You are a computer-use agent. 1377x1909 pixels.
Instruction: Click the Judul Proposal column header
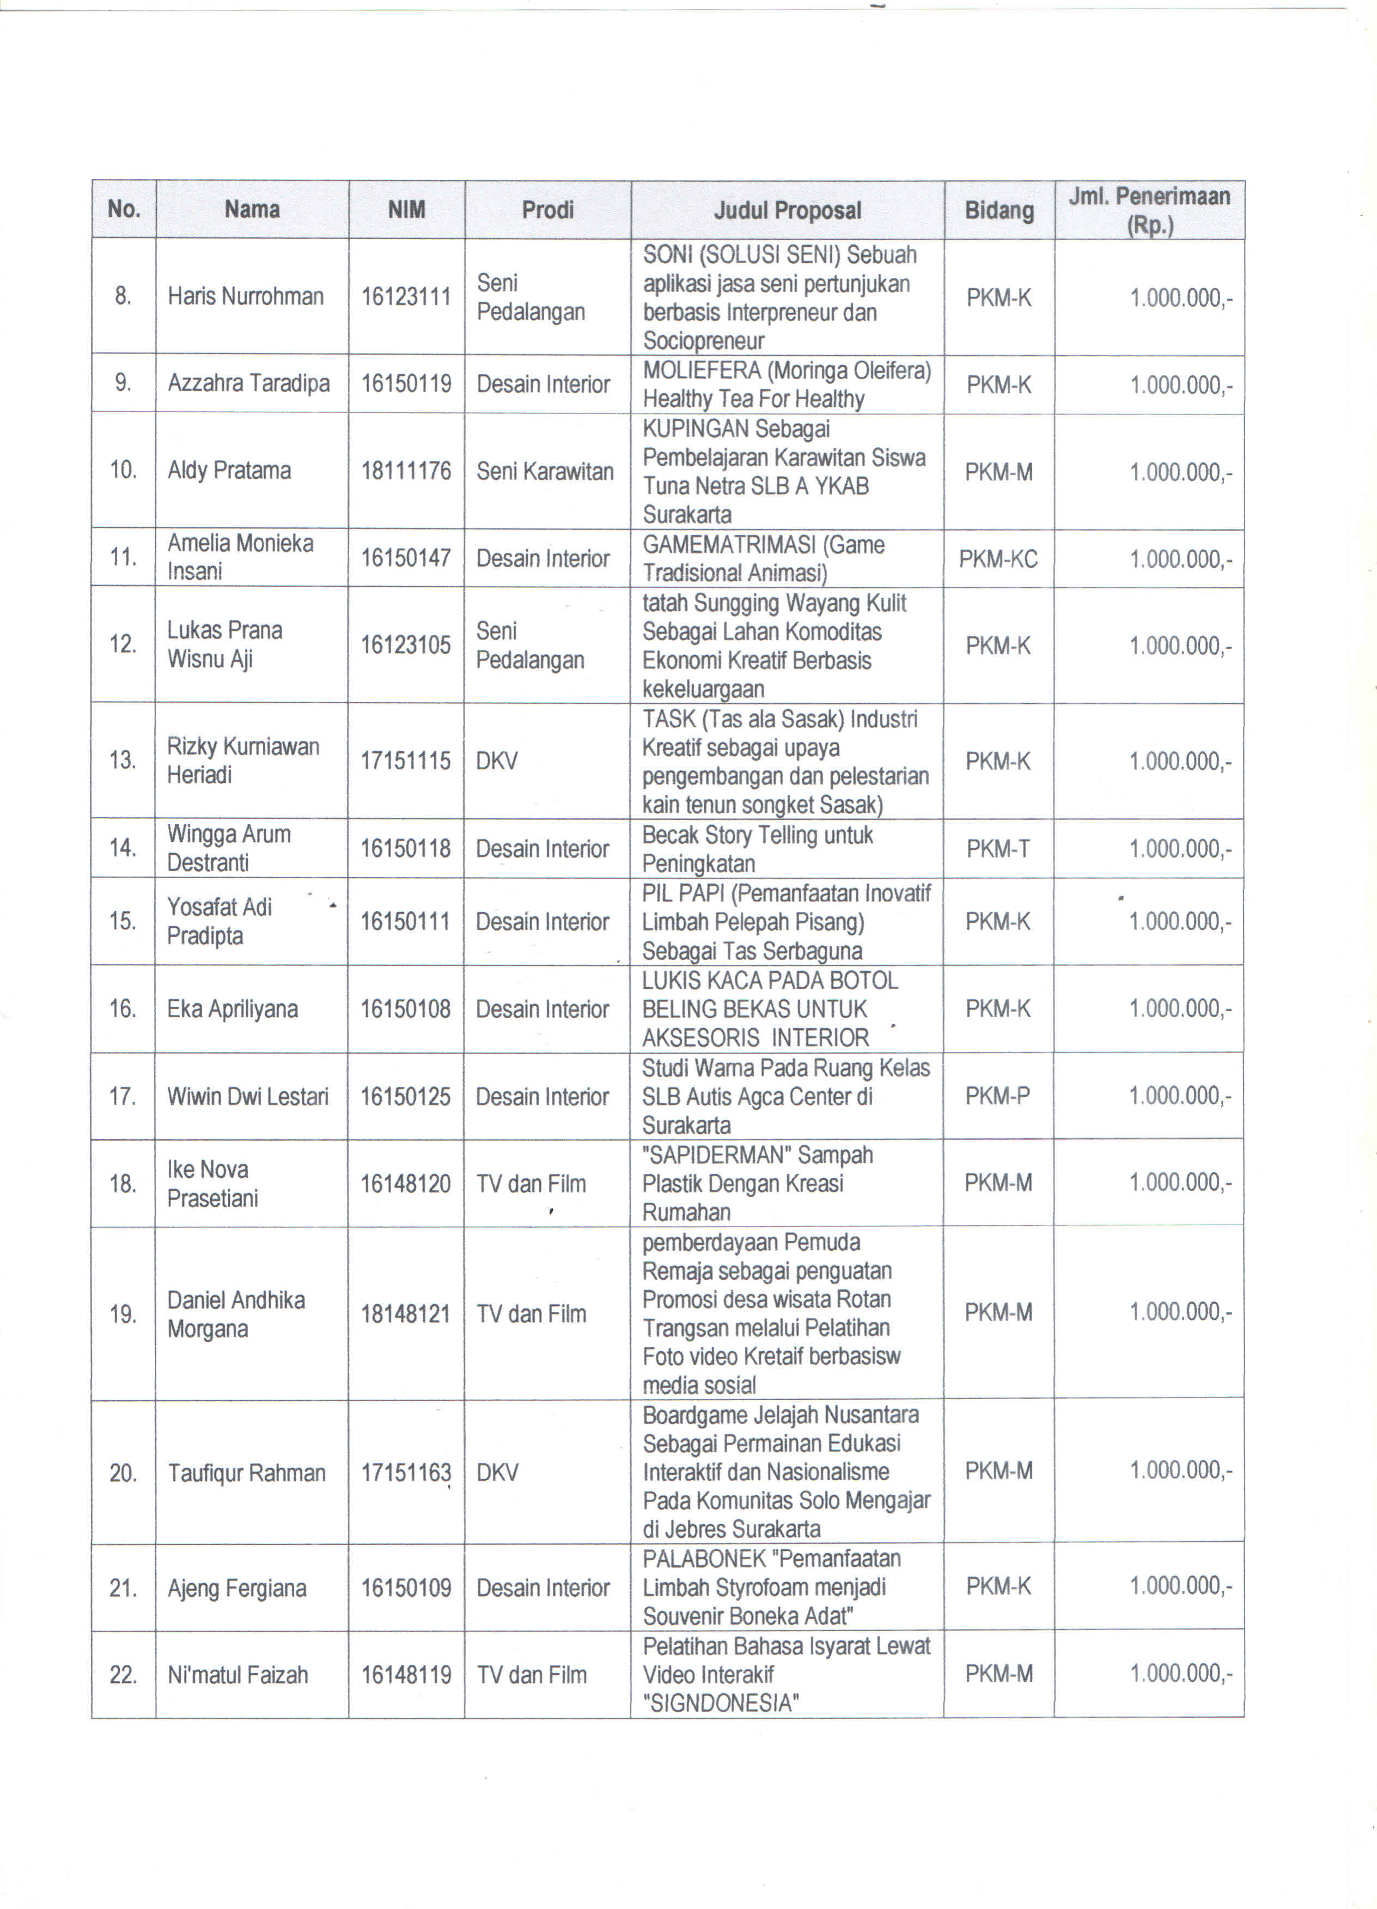(x=787, y=210)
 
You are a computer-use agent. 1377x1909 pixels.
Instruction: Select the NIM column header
(x=406, y=210)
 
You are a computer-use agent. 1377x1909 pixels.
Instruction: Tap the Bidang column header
(x=999, y=210)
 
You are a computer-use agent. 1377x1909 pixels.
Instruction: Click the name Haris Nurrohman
(x=246, y=296)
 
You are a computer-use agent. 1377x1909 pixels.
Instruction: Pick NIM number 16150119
(x=406, y=384)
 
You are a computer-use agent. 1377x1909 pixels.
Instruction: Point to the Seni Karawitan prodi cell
(x=545, y=471)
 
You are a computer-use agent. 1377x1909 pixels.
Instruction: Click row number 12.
(x=123, y=645)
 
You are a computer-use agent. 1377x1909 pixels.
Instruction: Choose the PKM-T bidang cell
(x=998, y=848)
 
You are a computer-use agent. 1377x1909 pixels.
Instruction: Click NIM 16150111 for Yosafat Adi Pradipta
(x=406, y=922)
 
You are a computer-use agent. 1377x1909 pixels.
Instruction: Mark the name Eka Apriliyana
(x=232, y=1008)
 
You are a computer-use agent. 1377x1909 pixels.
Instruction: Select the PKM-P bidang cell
(x=998, y=1096)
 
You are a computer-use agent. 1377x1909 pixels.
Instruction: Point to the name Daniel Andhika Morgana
(x=236, y=1314)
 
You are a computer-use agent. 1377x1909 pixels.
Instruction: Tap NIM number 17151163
(x=406, y=1473)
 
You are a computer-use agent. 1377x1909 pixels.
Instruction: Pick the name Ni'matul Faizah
(x=237, y=1675)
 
